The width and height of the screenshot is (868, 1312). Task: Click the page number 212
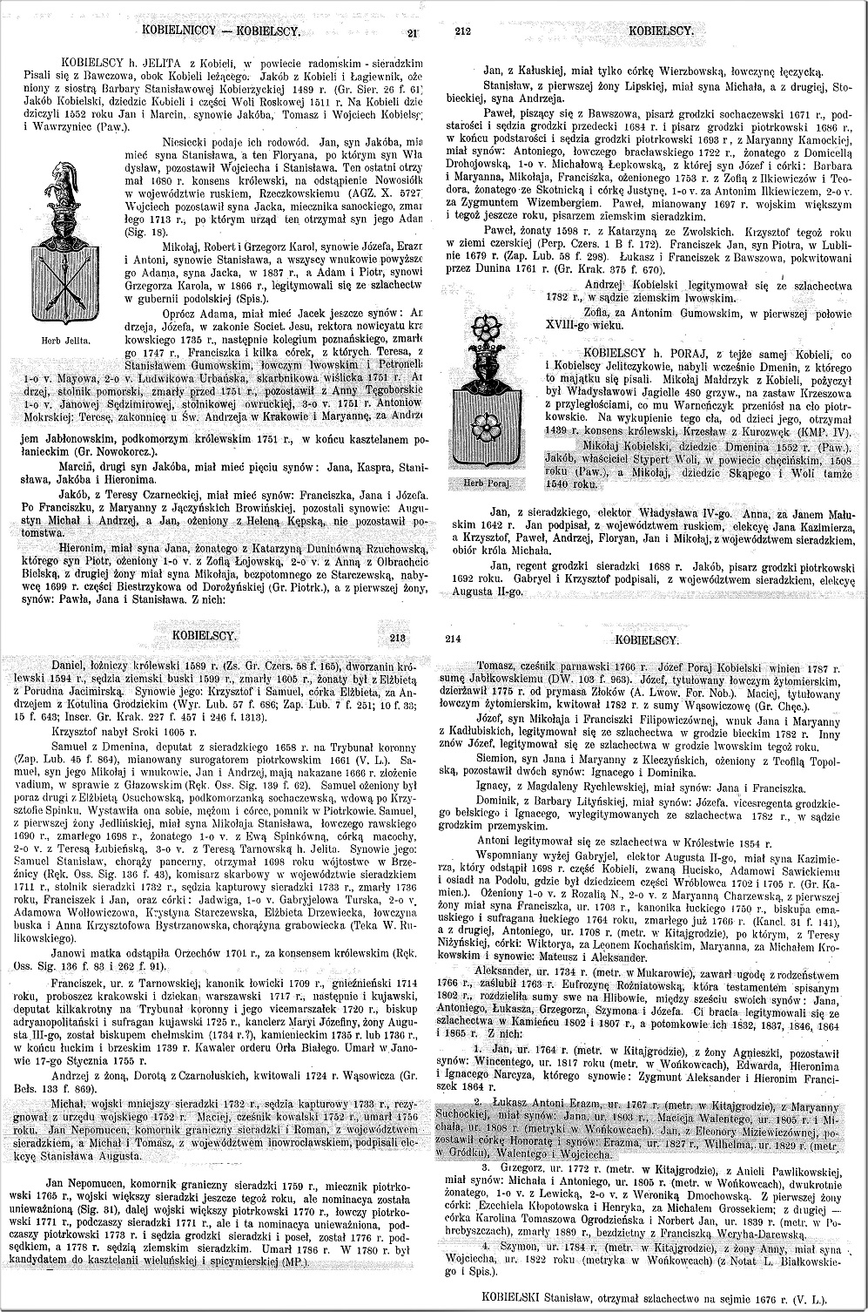[x=463, y=32]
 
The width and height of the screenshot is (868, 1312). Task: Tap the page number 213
[x=398, y=638]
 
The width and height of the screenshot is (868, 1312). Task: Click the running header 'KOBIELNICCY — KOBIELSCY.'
[x=220, y=31]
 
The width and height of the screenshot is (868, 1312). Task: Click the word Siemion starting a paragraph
[x=495, y=758]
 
